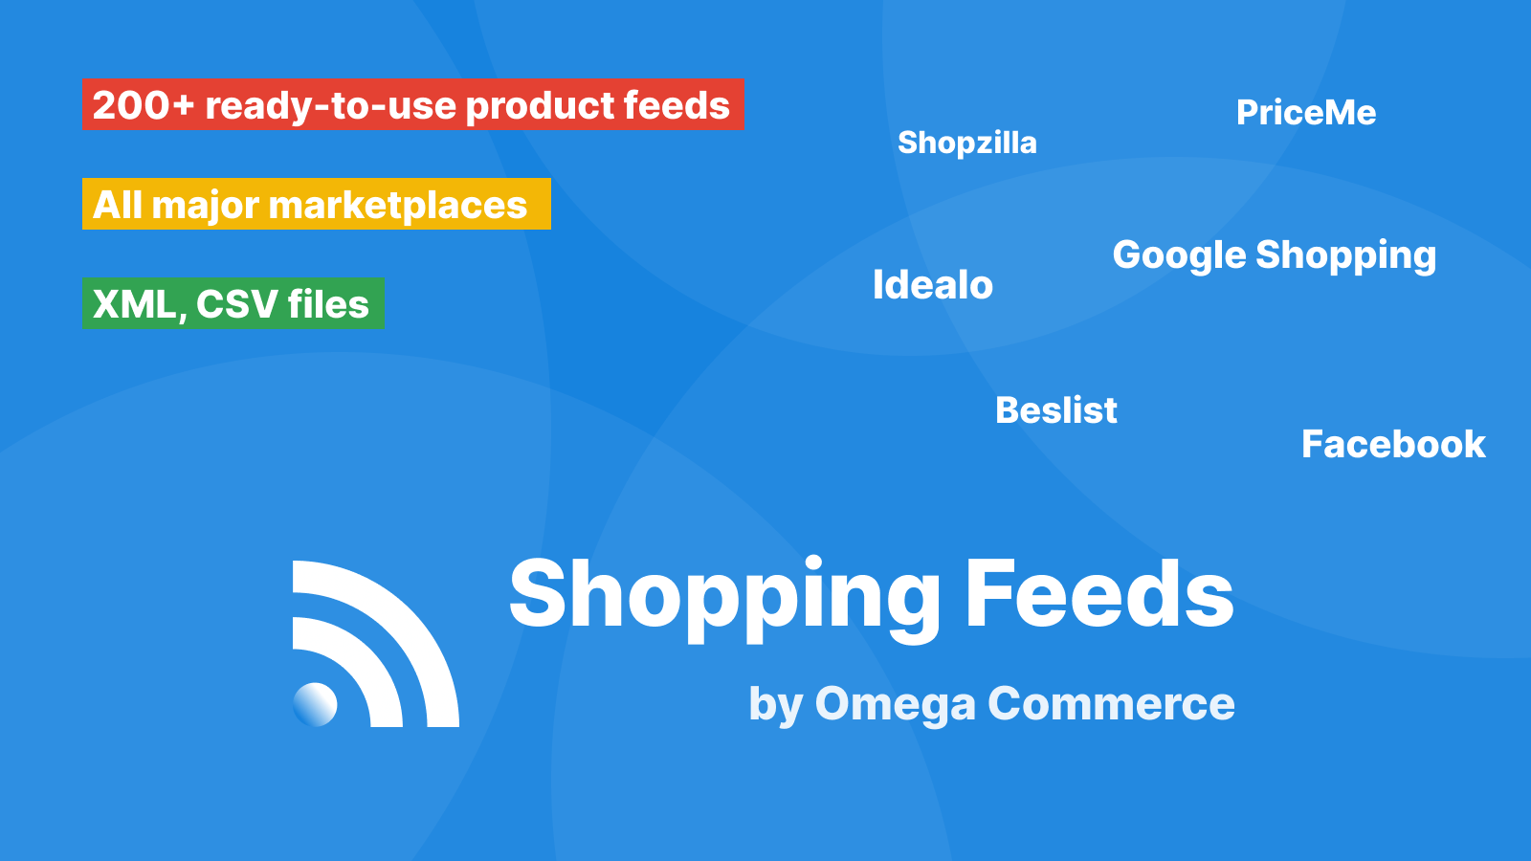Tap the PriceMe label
pos(1306,113)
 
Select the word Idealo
pos(933,285)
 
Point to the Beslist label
pos(1056,410)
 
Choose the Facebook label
pos(1393,444)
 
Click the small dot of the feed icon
pos(315,704)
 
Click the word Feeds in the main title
pos(1099,593)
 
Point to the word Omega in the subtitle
pos(896,705)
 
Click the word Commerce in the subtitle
pos(1111,703)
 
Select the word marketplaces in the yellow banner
pos(398,205)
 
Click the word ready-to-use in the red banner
pos(330,106)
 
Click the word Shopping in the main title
pos(725,598)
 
